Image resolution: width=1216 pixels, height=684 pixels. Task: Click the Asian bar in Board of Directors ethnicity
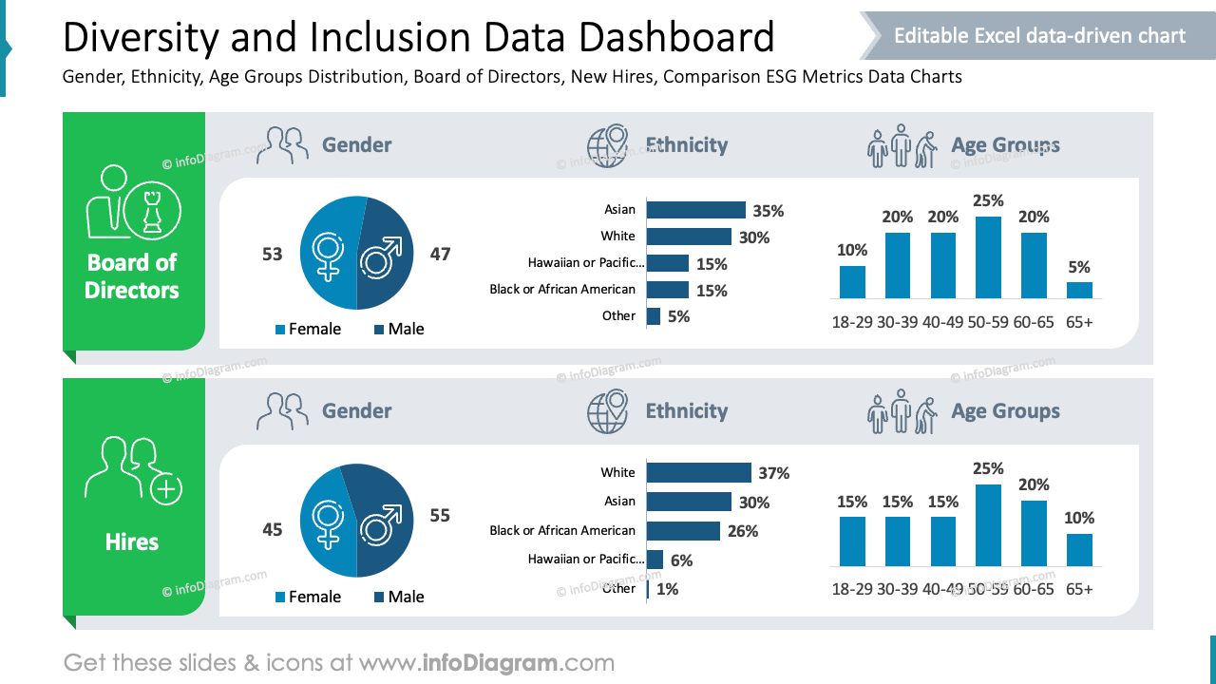695,210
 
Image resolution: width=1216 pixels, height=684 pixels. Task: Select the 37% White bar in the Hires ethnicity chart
698,472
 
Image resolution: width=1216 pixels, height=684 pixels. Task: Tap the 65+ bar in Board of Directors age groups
1079,290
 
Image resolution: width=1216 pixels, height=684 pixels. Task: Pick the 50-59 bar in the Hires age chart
989,524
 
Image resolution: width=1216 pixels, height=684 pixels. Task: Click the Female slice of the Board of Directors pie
329,253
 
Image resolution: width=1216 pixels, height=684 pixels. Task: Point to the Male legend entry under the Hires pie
398,597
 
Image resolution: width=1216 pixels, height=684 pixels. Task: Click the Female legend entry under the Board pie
308,329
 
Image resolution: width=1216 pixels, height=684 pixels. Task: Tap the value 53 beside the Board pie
273,255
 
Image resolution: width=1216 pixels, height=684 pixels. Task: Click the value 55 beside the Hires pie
440,516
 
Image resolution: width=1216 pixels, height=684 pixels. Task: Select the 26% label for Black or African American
743,531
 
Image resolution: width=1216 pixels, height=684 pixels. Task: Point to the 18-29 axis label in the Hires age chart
851,589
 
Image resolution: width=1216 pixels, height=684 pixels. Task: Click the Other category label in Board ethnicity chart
618,315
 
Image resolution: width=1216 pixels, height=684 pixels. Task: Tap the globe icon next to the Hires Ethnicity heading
608,412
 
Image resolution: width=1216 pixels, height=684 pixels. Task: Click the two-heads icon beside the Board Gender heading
283,146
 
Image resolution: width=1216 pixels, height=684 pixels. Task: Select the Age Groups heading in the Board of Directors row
1005,145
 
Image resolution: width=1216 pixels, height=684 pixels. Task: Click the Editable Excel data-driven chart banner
1039,36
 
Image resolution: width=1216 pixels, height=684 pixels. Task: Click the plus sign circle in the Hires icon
166,489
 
